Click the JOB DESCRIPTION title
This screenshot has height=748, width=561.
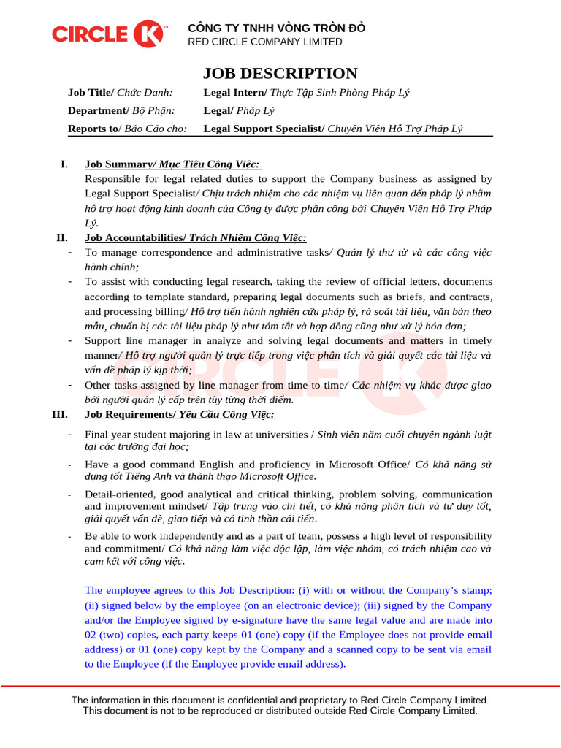[280, 73]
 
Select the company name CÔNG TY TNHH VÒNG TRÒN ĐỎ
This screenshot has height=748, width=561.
[277, 28]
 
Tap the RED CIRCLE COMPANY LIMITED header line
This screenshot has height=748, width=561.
[265, 42]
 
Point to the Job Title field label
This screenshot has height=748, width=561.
[91, 93]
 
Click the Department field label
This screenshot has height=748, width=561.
[97, 111]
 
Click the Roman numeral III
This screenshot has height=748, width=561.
[60, 415]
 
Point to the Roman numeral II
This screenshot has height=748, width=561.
[61, 238]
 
